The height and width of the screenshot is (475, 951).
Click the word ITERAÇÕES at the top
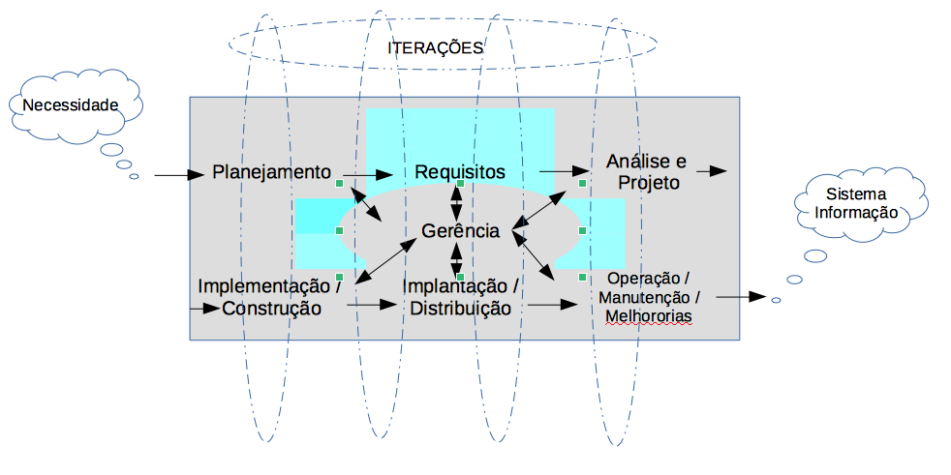(435, 47)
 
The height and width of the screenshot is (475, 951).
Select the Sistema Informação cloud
(855, 203)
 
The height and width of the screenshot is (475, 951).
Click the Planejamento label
(271, 172)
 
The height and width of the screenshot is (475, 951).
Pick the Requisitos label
(460, 171)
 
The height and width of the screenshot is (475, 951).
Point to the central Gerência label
(460, 232)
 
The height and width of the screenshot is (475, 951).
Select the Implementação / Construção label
(270, 297)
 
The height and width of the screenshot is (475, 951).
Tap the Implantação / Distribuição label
(459, 297)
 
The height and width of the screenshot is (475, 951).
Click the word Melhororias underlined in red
(648, 316)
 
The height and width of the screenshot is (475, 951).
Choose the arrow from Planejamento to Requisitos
(368, 175)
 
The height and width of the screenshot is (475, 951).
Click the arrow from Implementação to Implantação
(372, 304)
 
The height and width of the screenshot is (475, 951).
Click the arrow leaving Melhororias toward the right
(742, 297)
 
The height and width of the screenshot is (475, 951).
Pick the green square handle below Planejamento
(339, 182)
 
